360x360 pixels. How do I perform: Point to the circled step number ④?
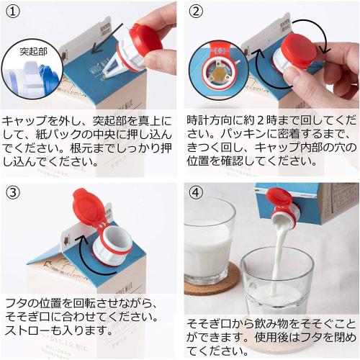pos(197,193)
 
